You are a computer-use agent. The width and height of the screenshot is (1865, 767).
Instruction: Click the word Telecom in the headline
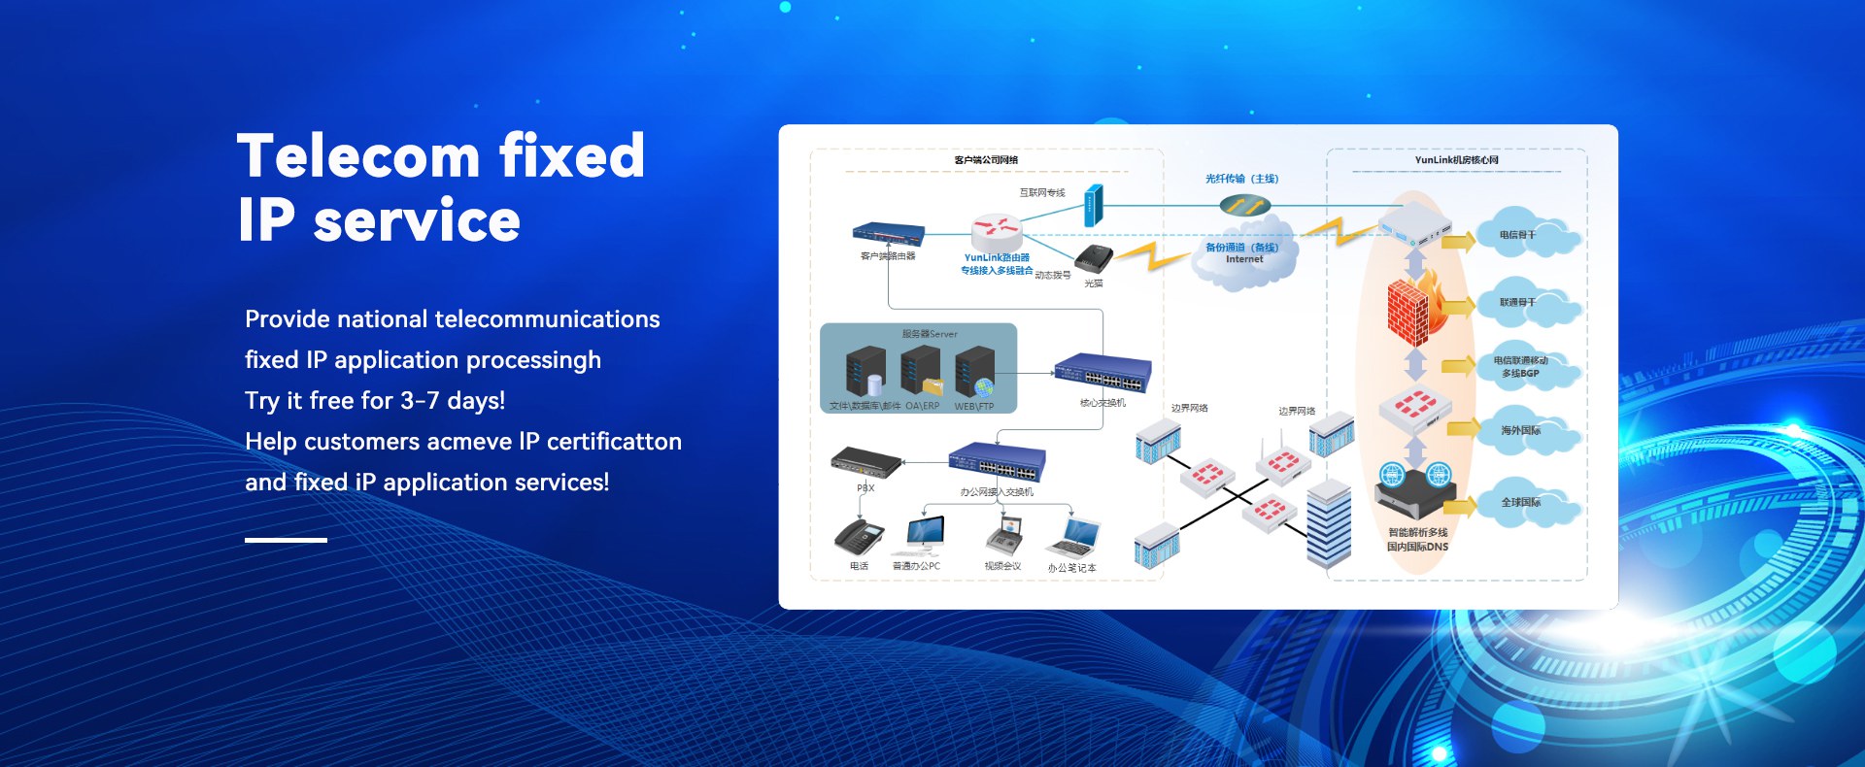point(358,157)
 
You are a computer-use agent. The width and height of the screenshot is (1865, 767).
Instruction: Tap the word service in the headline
point(417,221)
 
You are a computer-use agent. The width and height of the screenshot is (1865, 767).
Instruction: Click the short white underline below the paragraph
point(286,540)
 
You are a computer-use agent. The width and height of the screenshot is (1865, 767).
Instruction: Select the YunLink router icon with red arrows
point(997,231)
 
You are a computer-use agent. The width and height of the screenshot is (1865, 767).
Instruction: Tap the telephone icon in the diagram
point(859,537)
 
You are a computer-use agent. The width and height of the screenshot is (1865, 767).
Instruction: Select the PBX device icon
point(865,462)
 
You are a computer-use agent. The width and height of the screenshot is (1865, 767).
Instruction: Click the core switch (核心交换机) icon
point(1102,373)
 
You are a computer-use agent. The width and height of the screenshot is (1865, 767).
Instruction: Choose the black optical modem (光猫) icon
point(1094,258)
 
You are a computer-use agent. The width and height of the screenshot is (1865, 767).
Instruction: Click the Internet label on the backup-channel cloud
point(1244,260)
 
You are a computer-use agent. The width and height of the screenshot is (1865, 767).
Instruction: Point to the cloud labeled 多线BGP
point(1522,367)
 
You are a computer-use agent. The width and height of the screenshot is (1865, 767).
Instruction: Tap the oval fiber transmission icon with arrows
point(1245,205)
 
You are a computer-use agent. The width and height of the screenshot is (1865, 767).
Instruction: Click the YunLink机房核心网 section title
point(1456,160)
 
